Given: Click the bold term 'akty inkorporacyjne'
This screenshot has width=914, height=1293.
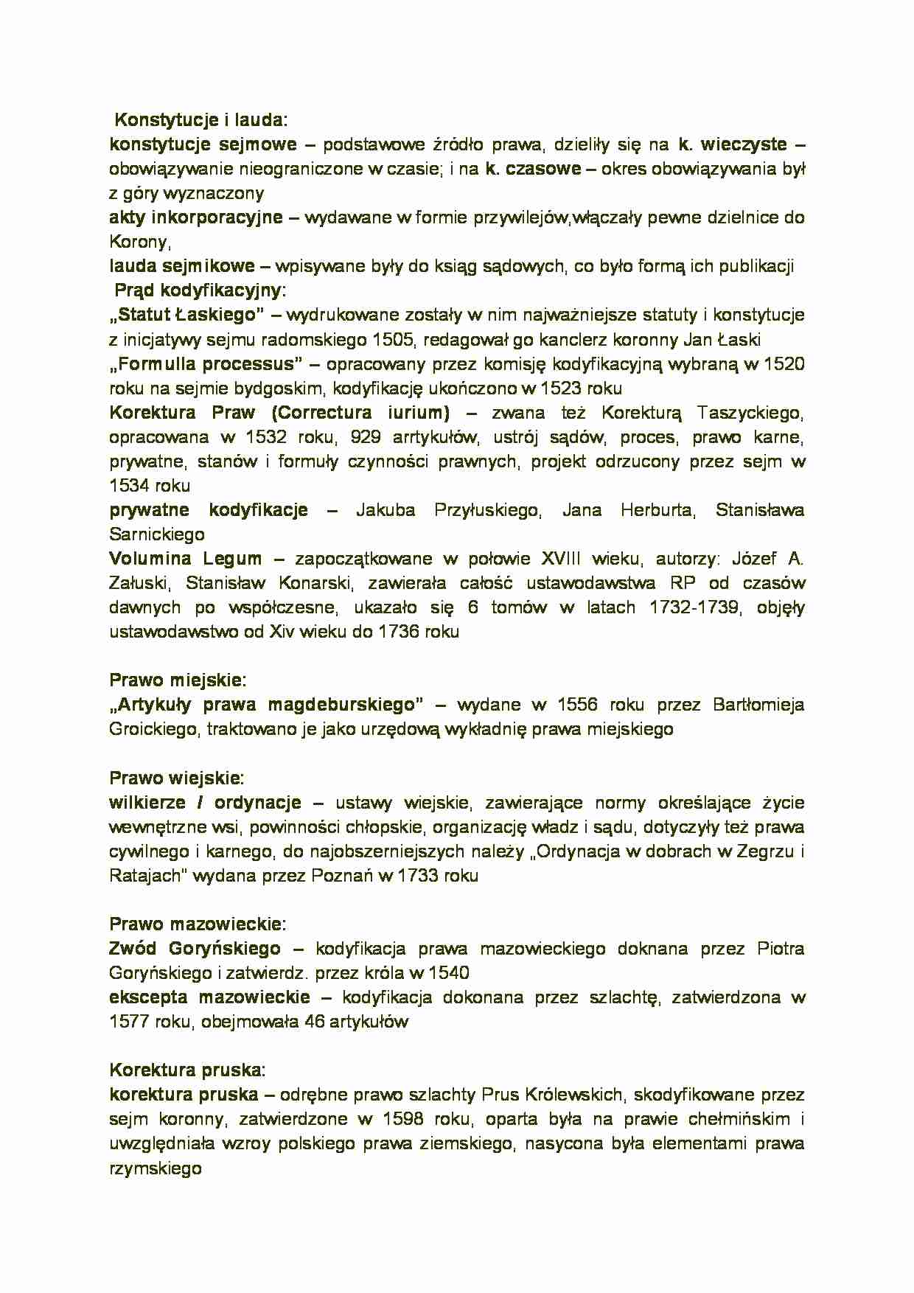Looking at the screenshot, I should click(x=196, y=217).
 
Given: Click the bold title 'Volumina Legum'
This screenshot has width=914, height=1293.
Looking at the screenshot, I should click(x=185, y=559).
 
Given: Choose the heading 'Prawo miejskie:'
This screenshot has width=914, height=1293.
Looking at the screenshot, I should click(x=178, y=680).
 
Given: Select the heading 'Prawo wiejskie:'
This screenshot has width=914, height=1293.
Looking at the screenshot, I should click(x=176, y=778).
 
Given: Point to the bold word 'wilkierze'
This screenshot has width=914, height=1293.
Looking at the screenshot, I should click(x=147, y=802).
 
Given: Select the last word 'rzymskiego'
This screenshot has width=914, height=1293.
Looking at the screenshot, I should click(x=156, y=1168).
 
